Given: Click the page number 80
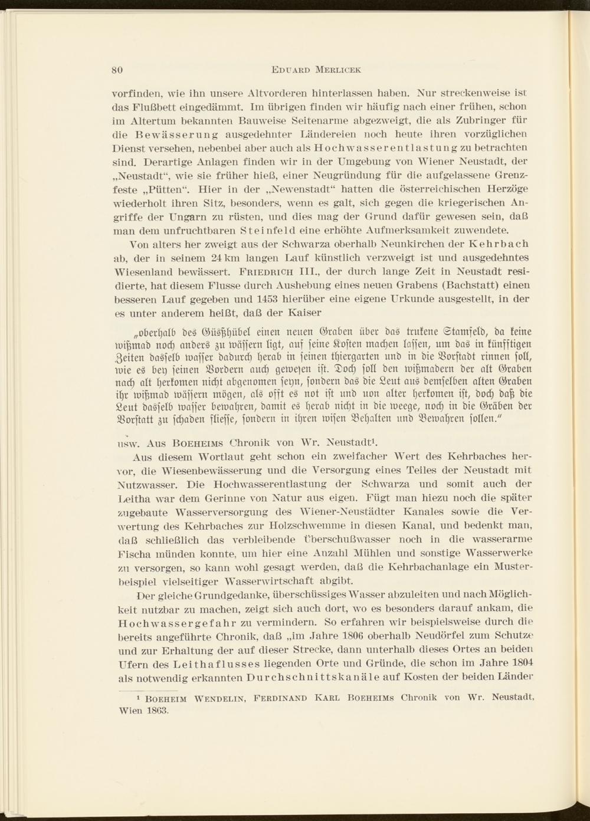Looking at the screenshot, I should click(117, 69).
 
